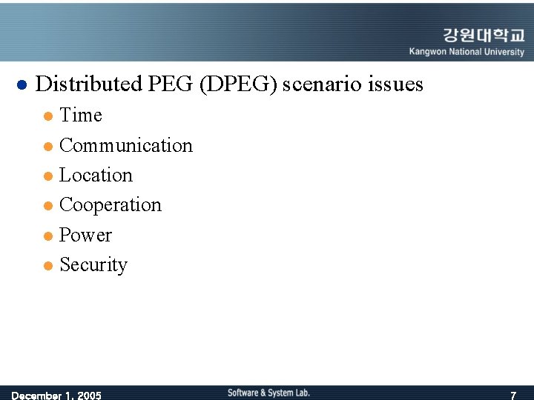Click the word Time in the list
(x=80, y=116)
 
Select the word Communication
(x=125, y=145)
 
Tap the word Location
(x=96, y=176)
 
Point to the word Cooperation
(x=110, y=205)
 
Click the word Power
(x=85, y=235)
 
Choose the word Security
(x=93, y=264)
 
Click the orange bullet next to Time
(x=48, y=116)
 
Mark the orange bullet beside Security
(x=48, y=265)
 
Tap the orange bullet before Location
(x=48, y=176)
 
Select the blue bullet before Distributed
(x=22, y=84)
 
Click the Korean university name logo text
(x=483, y=35)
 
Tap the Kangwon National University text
(x=467, y=52)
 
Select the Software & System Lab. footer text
(x=268, y=393)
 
